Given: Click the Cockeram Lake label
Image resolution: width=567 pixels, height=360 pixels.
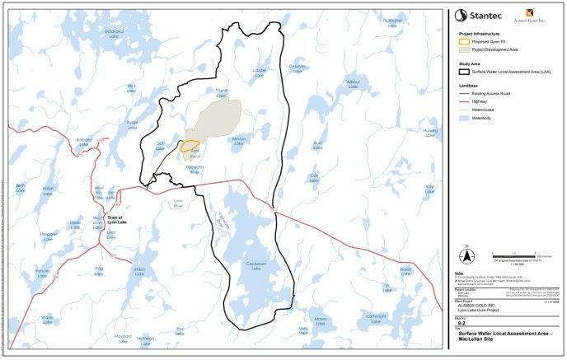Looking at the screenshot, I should tap(253, 265).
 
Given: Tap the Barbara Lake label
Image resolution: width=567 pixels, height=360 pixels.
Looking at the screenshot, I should tap(84, 143).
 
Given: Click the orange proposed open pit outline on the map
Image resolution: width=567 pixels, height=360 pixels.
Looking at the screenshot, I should tap(190, 147).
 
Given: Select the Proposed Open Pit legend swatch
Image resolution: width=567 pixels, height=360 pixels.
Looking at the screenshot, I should tap(464, 40).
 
